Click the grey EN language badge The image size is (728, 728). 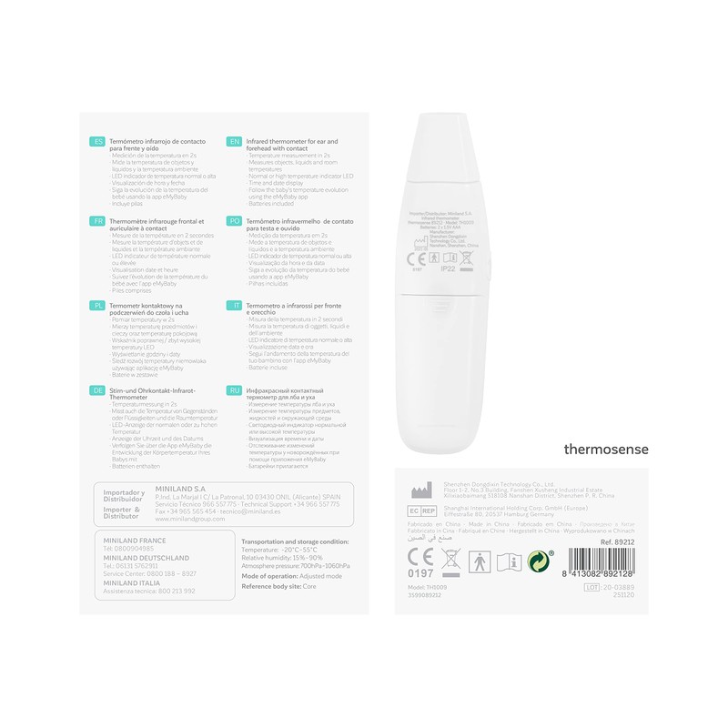click(234, 142)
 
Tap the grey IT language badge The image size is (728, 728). click(234, 306)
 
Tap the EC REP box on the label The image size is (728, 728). click(420, 512)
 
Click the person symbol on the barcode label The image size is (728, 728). click(479, 561)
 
